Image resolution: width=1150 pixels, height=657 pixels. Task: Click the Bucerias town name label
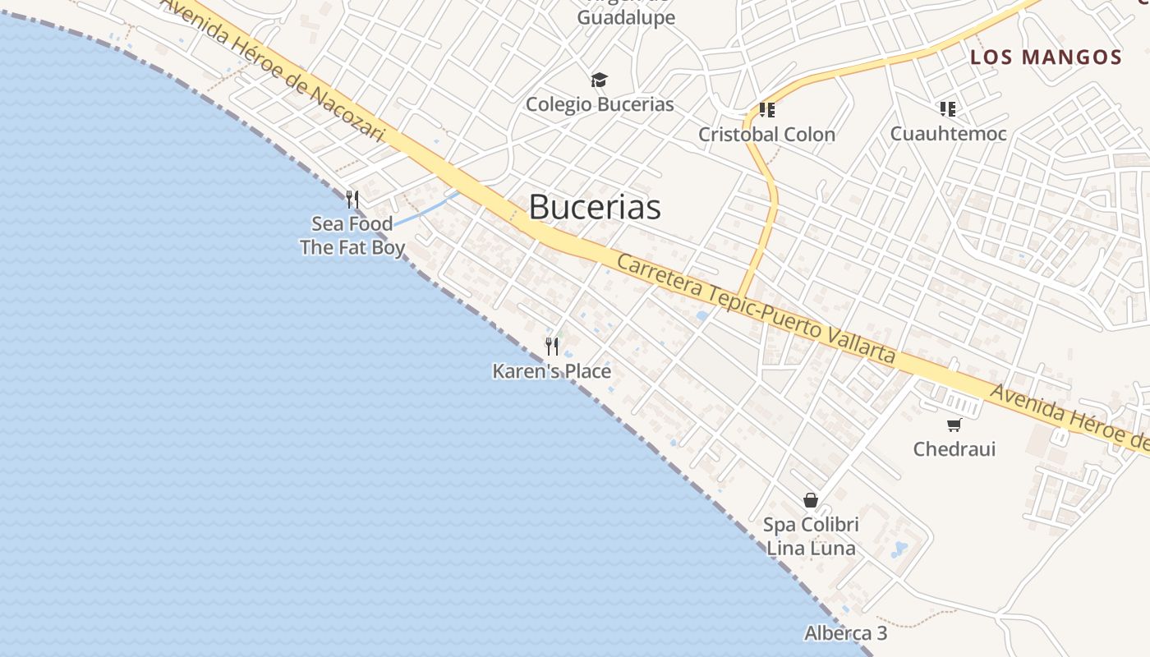tap(595, 207)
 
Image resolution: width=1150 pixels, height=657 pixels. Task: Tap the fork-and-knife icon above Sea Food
tap(352, 200)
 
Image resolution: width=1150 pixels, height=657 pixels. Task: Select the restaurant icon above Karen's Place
tap(552, 347)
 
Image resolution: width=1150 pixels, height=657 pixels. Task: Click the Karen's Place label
tap(552, 371)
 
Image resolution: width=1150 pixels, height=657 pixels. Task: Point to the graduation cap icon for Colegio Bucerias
tap(600, 80)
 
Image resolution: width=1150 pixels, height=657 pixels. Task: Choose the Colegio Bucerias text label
tap(600, 104)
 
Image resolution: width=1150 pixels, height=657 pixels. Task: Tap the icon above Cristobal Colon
tap(767, 110)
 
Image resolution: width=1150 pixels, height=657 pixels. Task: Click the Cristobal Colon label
tap(766, 134)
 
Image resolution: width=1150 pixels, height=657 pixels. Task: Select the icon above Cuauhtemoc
tap(948, 109)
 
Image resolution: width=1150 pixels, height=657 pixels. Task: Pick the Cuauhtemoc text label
tap(949, 133)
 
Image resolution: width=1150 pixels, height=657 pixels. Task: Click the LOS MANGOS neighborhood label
tap(1046, 57)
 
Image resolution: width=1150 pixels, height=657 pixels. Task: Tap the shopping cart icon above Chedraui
tap(954, 425)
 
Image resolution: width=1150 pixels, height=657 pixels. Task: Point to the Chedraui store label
tap(954, 449)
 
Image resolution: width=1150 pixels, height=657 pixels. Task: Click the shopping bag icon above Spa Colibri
tap(811, 500)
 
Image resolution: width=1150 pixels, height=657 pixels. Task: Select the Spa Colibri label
tap(811, 525)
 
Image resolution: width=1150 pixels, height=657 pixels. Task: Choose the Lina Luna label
tap(811, 548)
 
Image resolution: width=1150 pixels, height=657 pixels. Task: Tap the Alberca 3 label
tap(846, 633)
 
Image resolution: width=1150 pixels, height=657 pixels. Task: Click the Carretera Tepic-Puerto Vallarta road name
tap(756, 309)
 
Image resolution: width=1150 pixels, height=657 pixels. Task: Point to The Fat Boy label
tap(352, 247)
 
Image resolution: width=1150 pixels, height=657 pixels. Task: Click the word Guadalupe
tap(626, 18)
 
